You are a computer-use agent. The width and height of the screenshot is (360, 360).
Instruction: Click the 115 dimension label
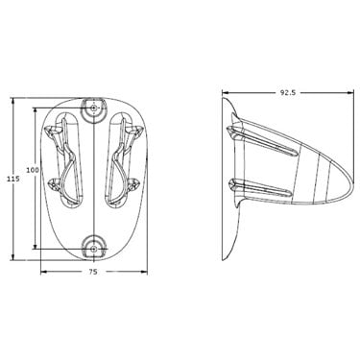pos(13,180)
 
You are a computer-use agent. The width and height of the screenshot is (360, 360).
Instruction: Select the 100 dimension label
pos(33,170)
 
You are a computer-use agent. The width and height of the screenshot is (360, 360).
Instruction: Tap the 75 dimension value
pos(93,272)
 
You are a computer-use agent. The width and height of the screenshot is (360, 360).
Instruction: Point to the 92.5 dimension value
pos(288,93)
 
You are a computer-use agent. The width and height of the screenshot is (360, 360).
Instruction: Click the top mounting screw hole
pos(93,108)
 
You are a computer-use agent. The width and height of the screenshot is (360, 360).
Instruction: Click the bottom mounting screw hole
pos(93,249)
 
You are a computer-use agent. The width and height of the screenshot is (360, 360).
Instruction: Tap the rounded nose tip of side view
pos(353,182)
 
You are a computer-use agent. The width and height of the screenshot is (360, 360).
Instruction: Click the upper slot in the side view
pos(262,141)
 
